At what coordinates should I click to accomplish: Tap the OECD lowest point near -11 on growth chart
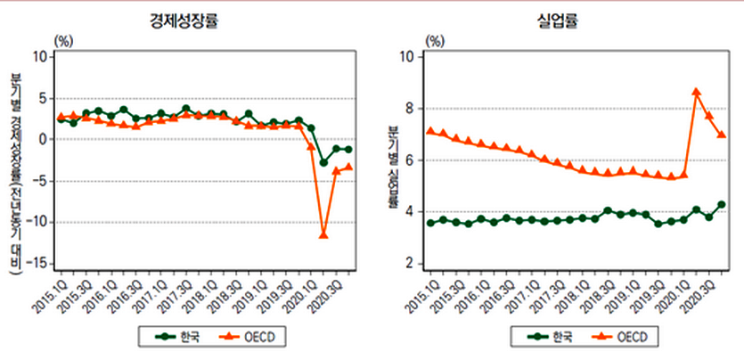tap(323, 235)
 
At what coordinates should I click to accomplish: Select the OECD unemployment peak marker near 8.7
tap(697, 92)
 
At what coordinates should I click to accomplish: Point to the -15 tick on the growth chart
tap(40, 264)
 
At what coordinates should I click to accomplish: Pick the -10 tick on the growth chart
tap(40, 223)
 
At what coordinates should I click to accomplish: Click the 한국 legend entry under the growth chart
tap(179, 337)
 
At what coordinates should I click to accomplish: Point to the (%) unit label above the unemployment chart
tap(436, 40)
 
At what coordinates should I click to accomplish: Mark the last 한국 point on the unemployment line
tap(722, 205)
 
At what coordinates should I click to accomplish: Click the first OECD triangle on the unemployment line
tap(431, 131)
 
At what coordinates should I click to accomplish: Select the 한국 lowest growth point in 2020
tap(323, 162)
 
